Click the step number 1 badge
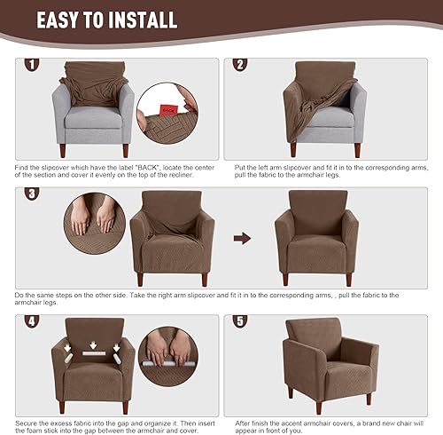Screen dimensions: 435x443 [32, 65]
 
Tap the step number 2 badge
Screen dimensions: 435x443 [239, 65]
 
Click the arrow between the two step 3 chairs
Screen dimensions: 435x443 [237, 238]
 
